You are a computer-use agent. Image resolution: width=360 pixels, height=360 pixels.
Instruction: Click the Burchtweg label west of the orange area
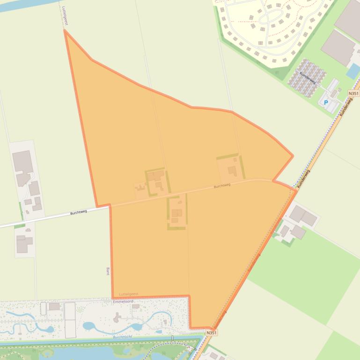click(x=79, y=212)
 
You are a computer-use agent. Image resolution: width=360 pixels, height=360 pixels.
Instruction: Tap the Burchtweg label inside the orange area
click(x=222, y=186)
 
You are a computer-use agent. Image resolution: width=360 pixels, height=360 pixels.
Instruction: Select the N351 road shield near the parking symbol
click(x=353, y=94)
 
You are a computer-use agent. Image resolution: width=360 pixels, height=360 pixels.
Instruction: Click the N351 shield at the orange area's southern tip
click(x=212, y=332)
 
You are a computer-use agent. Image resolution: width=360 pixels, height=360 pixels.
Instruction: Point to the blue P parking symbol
click(x=326, y=102)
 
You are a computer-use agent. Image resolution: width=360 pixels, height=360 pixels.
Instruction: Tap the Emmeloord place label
click(x=124, y=302)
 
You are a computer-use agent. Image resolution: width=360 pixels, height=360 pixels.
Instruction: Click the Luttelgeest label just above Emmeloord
click(x=129, y=294)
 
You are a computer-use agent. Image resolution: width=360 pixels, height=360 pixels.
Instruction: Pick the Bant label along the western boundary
click(x=108, y=271)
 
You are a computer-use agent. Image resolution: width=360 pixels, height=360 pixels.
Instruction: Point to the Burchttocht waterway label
click(x=123, y=336)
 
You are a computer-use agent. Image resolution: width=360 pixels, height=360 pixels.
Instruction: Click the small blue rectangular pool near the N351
click(x=353, y=71)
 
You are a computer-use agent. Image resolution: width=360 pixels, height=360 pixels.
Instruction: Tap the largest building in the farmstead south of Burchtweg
click(x=176, y=213)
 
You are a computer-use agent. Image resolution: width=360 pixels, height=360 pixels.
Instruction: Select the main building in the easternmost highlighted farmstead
click(x=232, y=171)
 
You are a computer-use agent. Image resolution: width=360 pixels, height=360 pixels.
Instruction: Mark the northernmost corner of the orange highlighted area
click(x=65, y=31)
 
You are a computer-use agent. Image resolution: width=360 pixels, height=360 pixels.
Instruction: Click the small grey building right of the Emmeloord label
click(x=136, y=306)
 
